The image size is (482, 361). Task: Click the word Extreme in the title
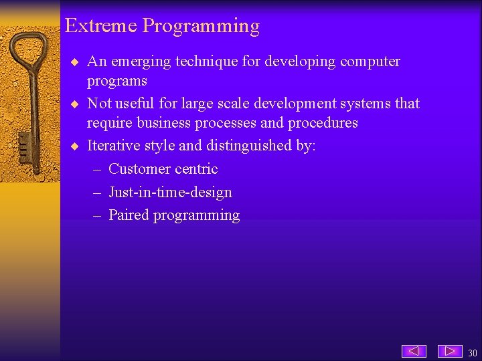click(x=101, y=26)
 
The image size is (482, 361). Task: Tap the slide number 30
click(x=473, y=353)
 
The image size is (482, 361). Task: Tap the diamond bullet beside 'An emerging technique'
click(x=75, y=62)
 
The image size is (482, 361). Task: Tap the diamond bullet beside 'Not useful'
click(x=75, y=104)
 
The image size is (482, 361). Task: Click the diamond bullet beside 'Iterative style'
click(x=75, y=146)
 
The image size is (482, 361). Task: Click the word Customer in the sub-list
click(x=137, y=169)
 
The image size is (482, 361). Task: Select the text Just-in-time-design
click(x=170, y=193)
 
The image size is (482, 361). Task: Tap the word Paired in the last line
click(x=129, y=215)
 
